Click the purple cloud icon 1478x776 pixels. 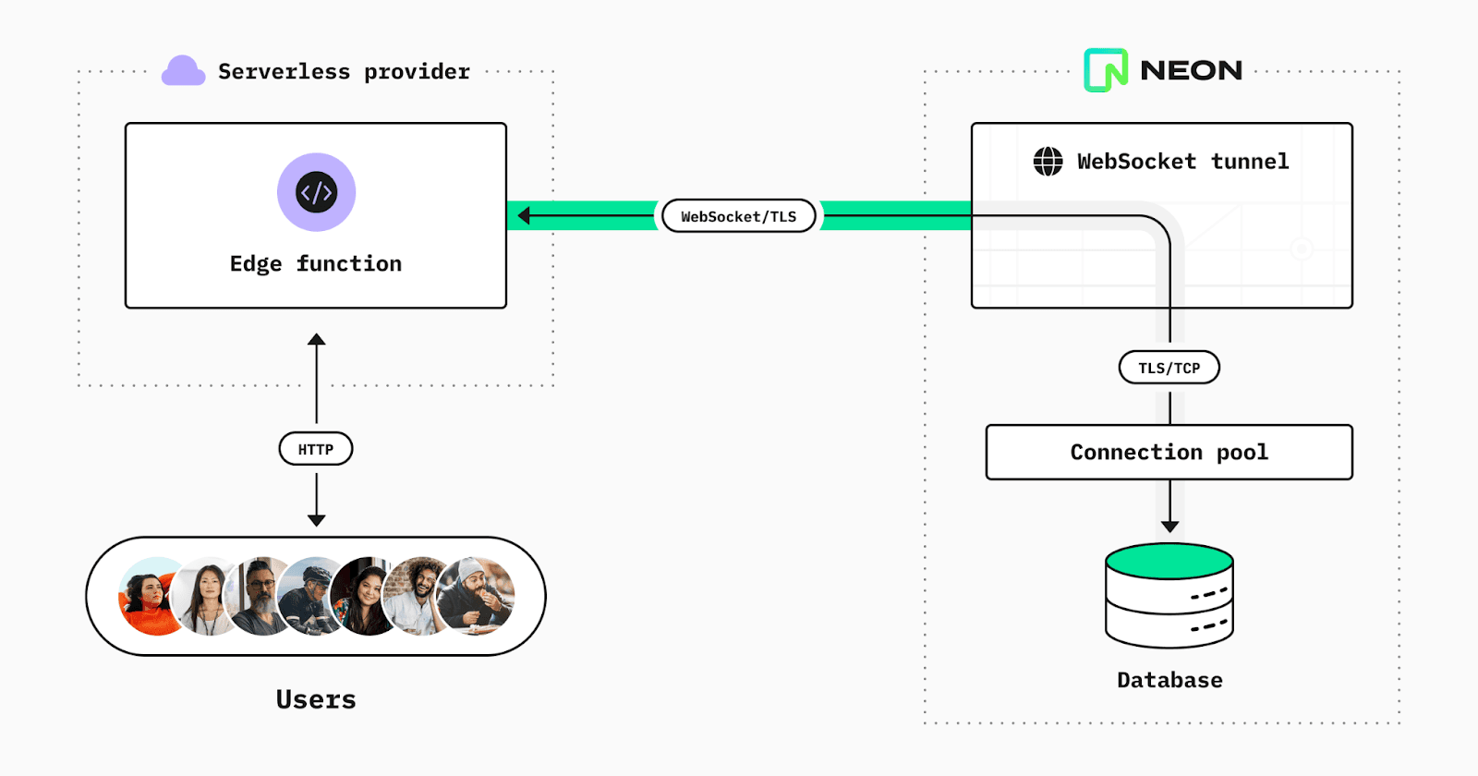[x=183, y=71]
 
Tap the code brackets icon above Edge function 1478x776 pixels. [x=316, y=192]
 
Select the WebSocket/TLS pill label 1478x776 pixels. [x=738, y=216]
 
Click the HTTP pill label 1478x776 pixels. [x=316, y=449]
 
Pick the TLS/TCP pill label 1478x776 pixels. [x=1169, y=368]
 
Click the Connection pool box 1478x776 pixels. [x=1169, y=452]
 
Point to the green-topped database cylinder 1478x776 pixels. [x=1169, y=595]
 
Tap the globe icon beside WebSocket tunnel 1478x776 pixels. [x=1048, y=161]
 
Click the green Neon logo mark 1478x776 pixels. [x=1106, y=70]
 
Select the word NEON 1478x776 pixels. [x=1191, y=70]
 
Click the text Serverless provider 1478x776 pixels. [x=344, y=71]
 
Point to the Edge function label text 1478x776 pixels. [x=316, y=263]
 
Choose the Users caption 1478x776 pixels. [x=316, y=699]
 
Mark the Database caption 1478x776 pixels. [x=1169, y=680]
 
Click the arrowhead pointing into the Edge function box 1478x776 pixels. [x=524, y=216]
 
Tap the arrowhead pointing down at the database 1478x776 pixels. [x=1169, y=527]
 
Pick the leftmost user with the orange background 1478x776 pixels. [x=149, y=596]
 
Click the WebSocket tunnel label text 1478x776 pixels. [x=1182, y=161]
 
